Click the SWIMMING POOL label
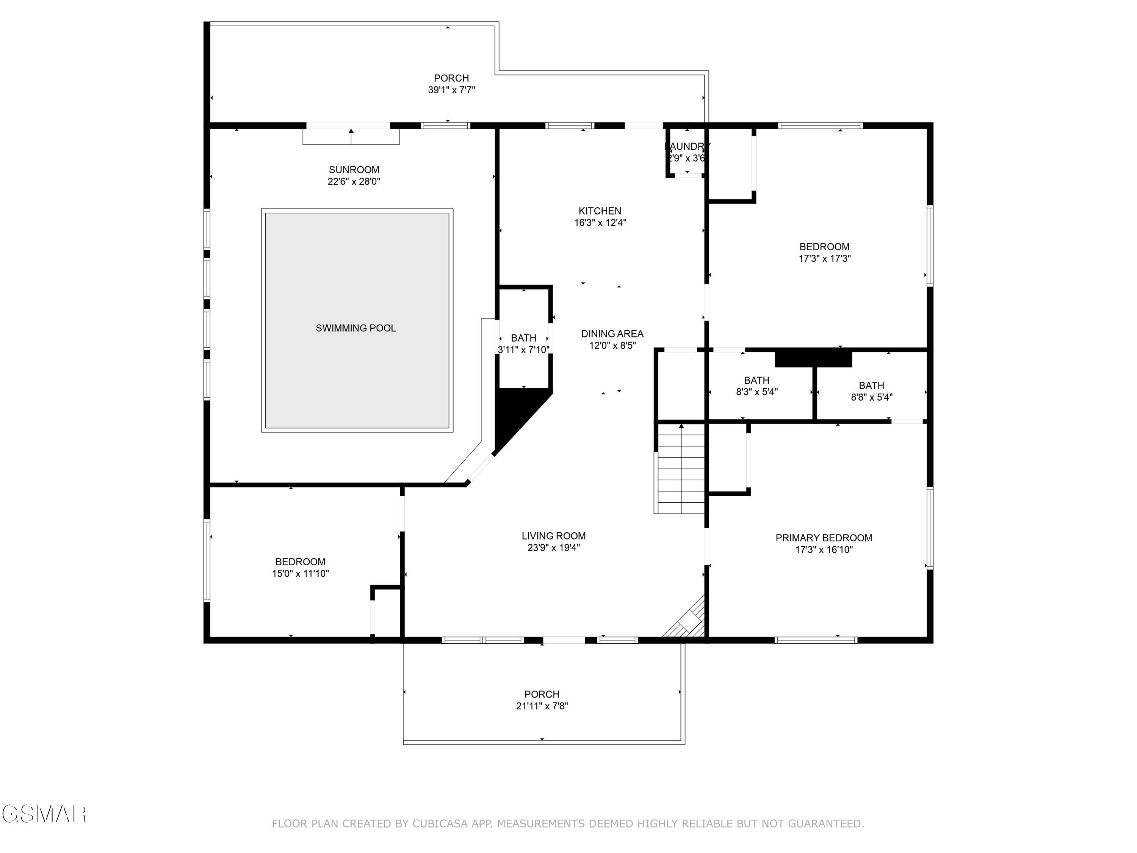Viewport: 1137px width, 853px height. (x=356, y=328)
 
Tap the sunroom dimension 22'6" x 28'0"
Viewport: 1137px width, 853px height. (x=354, y=182)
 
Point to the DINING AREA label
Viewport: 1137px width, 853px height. (x=612, y=334)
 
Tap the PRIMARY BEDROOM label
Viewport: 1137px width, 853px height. (x=824, y=538)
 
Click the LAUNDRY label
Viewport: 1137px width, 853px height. (x=687, y=147)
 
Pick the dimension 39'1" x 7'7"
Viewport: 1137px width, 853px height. (x=451, y=90)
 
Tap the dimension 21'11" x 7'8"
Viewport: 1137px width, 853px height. (x=542, y=706)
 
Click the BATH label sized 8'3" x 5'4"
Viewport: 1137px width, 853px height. (x=756, y=381)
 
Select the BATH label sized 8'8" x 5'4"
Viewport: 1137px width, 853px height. (x=871, y=386)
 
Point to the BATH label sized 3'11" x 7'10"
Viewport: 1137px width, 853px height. (x=523, y=338)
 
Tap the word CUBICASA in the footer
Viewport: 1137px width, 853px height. (x=440, y=824)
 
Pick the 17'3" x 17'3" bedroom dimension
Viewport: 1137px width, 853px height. (x=824, y=259)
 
